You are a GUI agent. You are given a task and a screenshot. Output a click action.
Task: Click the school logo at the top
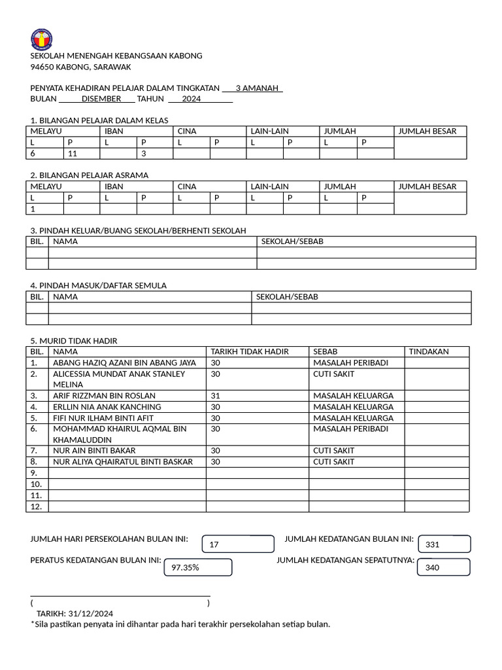(42, 39)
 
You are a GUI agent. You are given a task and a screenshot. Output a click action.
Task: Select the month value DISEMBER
(101, 99)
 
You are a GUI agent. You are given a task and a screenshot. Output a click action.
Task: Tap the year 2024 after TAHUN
(192, 99)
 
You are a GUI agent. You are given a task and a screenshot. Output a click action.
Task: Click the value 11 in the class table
(72, 153)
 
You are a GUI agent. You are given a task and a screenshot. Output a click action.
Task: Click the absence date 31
(216, 396)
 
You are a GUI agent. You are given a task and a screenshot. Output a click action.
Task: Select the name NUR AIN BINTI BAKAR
(95, 451)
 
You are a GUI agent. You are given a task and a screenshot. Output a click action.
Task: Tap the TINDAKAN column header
(429, 351)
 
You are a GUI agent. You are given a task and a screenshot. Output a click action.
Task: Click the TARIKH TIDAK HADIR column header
(250, 351)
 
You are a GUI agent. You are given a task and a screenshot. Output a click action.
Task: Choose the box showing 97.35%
(198, 567)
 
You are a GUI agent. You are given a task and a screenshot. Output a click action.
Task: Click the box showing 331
(444, 544)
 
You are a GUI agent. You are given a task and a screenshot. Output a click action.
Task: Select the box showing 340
(444, 567)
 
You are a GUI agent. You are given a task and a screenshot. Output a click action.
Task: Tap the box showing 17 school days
(239, 544)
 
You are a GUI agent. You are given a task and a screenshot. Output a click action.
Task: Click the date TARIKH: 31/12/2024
(75, 613)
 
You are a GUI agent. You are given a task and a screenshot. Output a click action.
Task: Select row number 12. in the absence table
(37, 506)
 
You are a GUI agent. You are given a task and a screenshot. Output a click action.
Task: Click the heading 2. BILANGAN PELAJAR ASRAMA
(90, 175)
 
